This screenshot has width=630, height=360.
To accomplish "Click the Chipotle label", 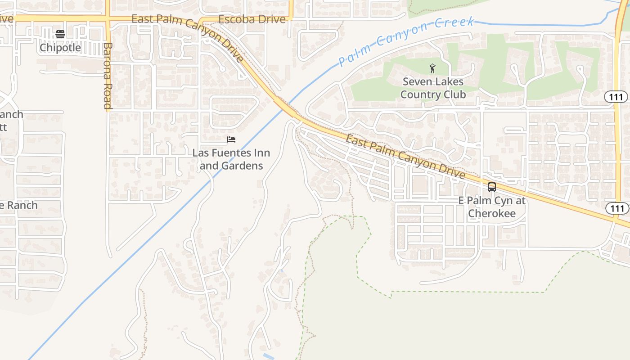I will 60,47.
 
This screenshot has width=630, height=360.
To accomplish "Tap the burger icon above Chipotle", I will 60,34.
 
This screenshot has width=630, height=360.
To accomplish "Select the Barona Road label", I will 107,76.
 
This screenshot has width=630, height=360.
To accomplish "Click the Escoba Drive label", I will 252,19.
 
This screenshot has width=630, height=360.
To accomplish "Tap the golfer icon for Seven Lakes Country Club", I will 432,68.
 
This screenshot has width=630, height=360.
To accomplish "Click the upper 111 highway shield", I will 620,97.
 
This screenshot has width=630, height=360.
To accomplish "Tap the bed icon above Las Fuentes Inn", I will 231,139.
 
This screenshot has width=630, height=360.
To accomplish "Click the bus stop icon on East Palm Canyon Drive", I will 492,187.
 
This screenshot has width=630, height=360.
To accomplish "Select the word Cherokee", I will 491,213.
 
